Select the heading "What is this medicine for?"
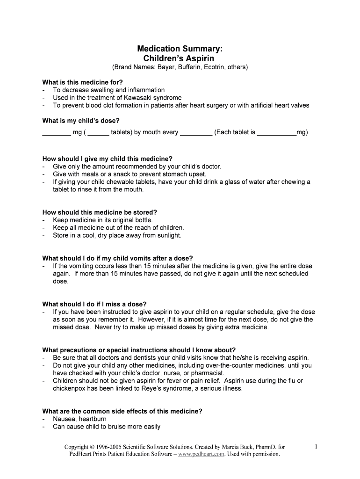point(82,82)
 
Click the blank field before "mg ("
point(56,132)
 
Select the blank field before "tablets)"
point(98,132)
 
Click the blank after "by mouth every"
point(196,132)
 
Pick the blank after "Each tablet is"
point(277,132)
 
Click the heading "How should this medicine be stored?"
point(100,212)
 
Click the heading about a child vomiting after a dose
point(117,258)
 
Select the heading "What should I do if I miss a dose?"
point(94,304)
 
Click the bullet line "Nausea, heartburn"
point(79,419)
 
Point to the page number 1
point(317,447)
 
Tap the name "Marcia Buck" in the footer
point(240,447)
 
